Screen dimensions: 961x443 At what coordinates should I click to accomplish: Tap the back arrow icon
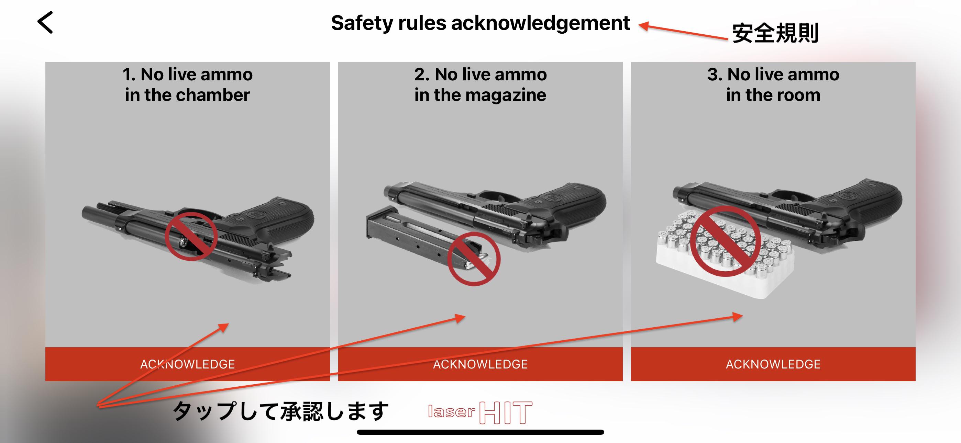[x=45, y=22]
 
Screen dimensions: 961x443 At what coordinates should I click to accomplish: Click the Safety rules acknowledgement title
[x=480, y=23]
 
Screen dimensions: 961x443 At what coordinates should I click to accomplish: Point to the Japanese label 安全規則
[x=775, y=33]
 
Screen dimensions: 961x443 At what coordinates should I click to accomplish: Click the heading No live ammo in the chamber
[x=188, y=84]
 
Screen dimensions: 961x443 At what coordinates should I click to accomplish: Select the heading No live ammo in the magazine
[x=480, y=84]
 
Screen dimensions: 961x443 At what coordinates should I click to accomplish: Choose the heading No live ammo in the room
[x=773, y=84]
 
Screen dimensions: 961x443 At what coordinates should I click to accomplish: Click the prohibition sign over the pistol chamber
[x=191, y=236]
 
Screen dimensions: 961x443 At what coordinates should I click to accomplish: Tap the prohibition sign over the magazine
[x=474, y=259]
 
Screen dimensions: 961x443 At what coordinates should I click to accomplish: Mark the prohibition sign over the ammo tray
[x=725, y=241]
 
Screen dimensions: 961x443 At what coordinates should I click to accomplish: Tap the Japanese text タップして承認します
[x=281, y=411]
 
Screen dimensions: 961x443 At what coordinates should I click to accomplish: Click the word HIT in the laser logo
[x=506, y=413]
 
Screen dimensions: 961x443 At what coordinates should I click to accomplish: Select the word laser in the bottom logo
[x=451, y=412]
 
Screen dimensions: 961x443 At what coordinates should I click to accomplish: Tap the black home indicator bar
[x=480, y=432]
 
